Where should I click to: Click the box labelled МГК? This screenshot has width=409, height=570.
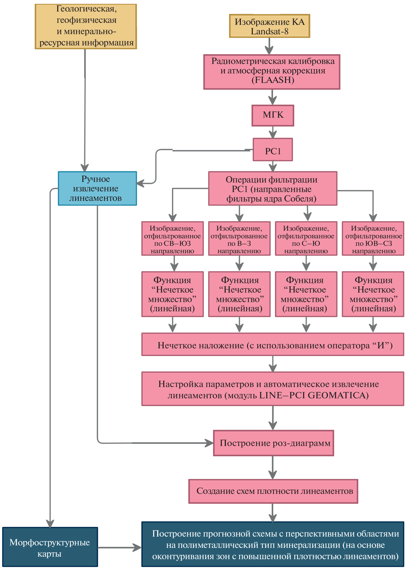(273, 115)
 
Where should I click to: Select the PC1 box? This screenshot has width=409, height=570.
(273, 150)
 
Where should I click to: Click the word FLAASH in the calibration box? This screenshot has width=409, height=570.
(273, 80)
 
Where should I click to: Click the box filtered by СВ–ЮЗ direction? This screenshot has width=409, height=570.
(172, 239)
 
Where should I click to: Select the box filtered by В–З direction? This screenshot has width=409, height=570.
(239, 239)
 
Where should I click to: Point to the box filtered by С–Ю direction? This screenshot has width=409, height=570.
(306, 239)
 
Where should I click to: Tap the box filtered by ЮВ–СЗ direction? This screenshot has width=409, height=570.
(373, 239)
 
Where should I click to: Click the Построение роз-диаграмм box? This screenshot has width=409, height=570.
(273, 443)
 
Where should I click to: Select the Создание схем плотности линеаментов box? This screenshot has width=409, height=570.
(273, 491)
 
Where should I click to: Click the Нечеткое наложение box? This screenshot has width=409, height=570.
(273, 344)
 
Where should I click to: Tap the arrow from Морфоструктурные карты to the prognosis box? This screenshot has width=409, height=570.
(119, 547)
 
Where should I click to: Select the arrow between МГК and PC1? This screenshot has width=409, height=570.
(273, 132)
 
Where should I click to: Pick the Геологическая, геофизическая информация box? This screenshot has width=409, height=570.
(86, 26)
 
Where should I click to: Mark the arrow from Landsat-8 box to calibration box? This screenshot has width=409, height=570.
(269, 46)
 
